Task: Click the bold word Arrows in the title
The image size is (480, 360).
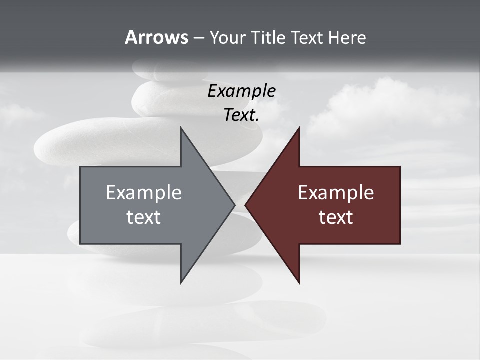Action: click(156, 37)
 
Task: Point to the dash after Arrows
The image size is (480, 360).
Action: click(198, 38)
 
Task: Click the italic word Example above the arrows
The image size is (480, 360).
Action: click(241, 91)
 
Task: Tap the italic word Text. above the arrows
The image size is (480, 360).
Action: click(241, 115)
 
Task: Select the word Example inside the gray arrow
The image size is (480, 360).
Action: click(143, 193)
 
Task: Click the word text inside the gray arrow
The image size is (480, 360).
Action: click(143, 217)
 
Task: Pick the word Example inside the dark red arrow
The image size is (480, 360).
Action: click(336, 193)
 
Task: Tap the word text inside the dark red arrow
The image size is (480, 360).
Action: click(336, 217)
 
